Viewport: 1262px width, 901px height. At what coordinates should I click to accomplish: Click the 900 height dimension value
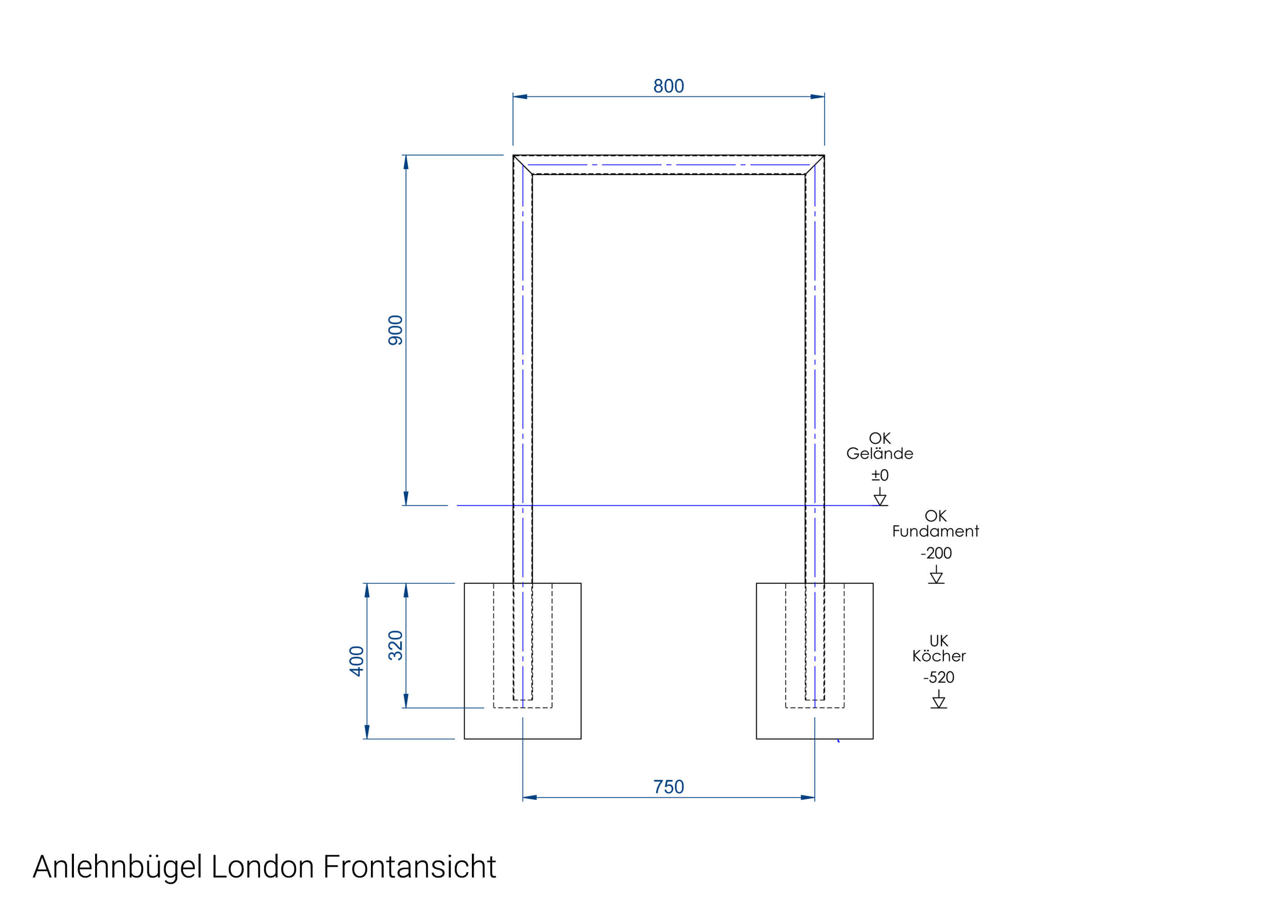[x=395, y=330]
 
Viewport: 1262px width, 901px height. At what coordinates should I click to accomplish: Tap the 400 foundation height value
[x=357, y=661]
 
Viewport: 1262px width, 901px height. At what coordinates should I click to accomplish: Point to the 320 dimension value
[x=395, y=645]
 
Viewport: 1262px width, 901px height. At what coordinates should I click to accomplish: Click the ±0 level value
[x=880, y=475]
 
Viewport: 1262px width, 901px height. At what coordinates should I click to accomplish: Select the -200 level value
[x=936, y=553]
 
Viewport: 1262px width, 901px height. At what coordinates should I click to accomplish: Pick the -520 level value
[x=938, y=678]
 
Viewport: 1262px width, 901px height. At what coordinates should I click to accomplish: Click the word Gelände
[x=880, y=454]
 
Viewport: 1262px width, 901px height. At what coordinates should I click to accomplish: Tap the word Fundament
[x=935, y=532]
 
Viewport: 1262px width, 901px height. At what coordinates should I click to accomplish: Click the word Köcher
[x=938, y=656]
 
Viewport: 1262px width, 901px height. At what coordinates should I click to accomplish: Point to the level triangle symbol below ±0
[x=880, y=499]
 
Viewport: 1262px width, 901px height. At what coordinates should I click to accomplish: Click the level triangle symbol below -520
[x=938, y=701]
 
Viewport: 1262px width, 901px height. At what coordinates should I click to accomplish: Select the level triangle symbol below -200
[x=936, y=577]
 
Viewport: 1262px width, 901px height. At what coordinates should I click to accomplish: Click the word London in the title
[x=262, y=867]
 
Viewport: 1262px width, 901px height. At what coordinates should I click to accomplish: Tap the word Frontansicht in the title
[x=409, y=867]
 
